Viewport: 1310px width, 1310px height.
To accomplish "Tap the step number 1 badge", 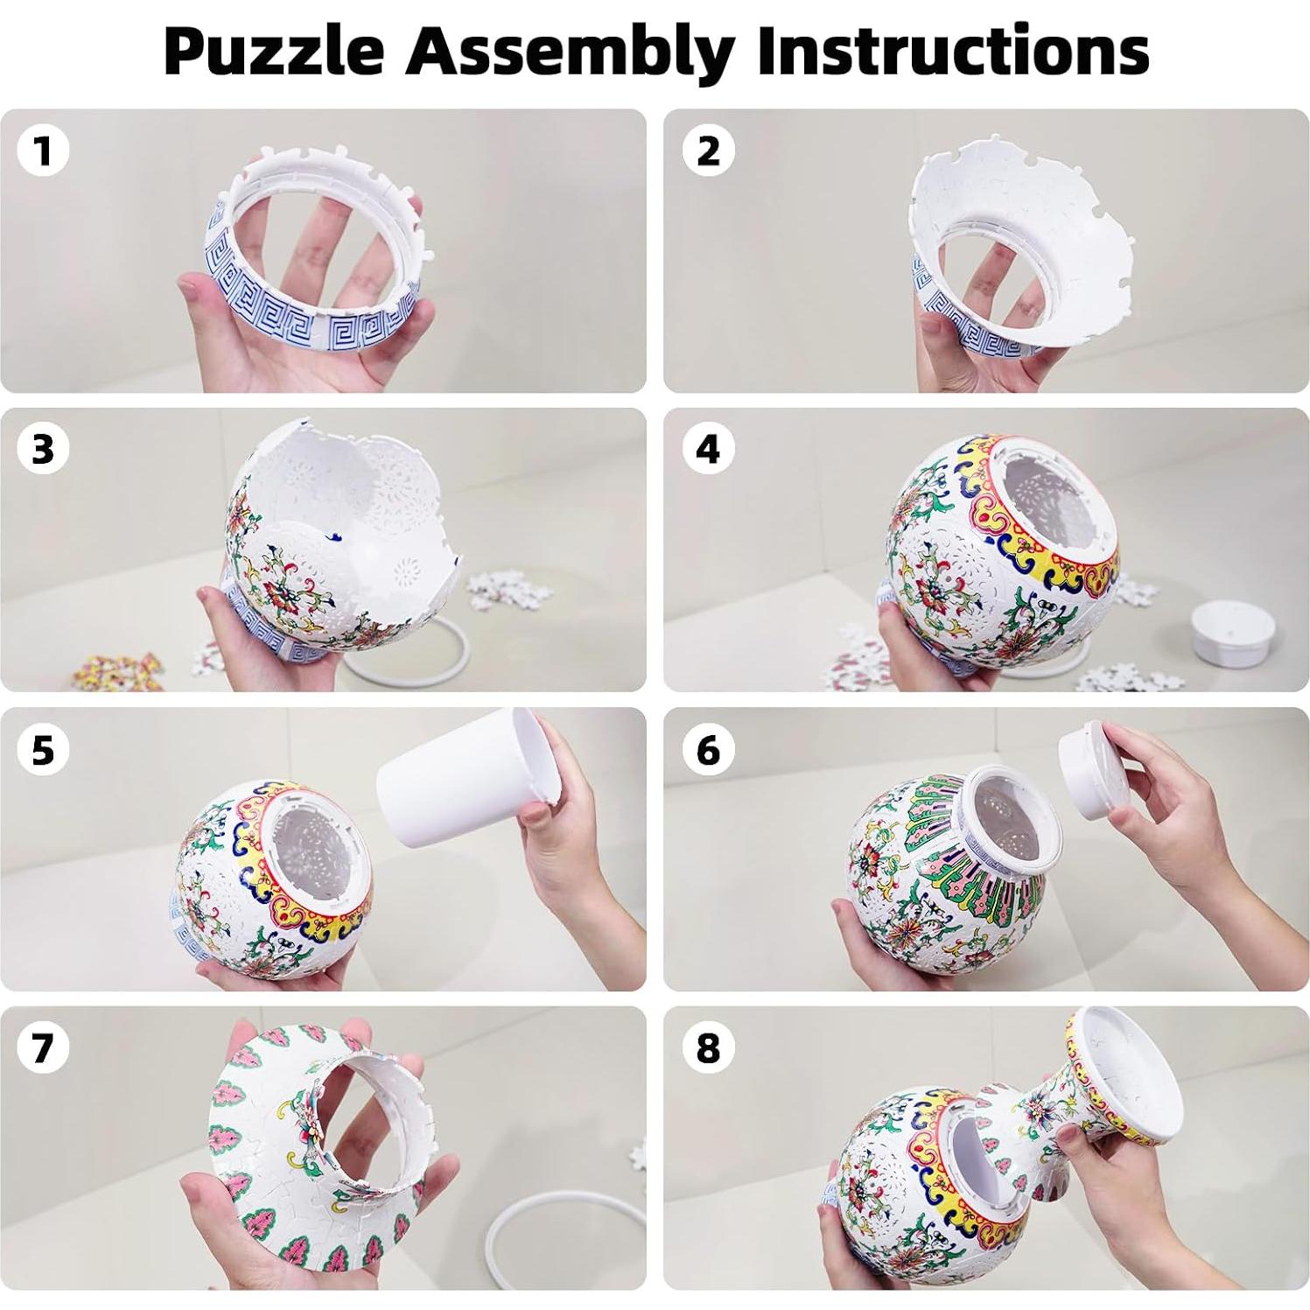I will (x=43, y=151).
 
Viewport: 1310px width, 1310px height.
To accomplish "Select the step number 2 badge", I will (x=708, y=151).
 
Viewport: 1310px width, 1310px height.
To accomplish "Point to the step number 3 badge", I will (x=43, y=449).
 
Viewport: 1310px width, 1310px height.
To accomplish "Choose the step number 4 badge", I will (x=708, y=449).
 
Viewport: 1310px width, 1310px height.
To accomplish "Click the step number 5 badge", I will (x=43, y=750).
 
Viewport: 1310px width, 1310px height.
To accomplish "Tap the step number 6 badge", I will (x=708, y=750).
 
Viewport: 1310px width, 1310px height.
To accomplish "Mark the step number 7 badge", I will (x=43, y=1047).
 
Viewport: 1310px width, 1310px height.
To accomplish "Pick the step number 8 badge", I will (x=708, y=1047).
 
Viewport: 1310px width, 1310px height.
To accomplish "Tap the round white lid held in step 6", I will (x=1102, y=775).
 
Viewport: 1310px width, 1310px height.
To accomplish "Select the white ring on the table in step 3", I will (x=411, y=674).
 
